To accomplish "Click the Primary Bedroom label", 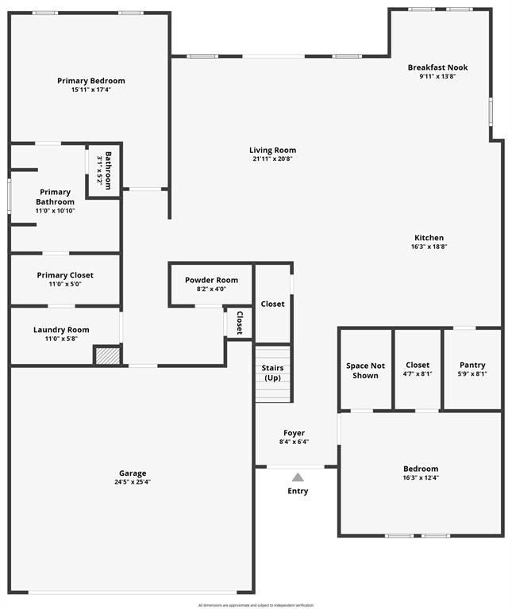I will (91, 81).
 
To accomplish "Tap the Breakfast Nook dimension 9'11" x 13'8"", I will (437, 77).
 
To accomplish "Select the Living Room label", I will (272, 150).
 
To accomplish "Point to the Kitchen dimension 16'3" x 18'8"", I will (429, 247).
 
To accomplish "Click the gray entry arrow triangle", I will (298, 477).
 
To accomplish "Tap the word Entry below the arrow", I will (298, 491).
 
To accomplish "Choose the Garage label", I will (133, 473).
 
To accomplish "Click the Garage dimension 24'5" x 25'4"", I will (133, 482).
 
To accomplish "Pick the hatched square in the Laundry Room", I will (107, 355).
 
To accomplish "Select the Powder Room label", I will (211, 280).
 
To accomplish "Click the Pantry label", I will (472, 365).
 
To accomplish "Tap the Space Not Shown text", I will (365, 370).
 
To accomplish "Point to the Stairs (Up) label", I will (273, 373).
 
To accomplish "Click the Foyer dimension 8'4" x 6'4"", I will (294, 442).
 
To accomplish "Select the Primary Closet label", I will (65, 275).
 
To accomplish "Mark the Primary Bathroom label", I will (56, 197).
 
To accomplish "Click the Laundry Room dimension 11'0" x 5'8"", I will (61, 339).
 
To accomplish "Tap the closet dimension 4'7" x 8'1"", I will (418, 373).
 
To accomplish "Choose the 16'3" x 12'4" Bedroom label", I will (421, 469).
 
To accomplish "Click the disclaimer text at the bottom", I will (256, 605).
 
